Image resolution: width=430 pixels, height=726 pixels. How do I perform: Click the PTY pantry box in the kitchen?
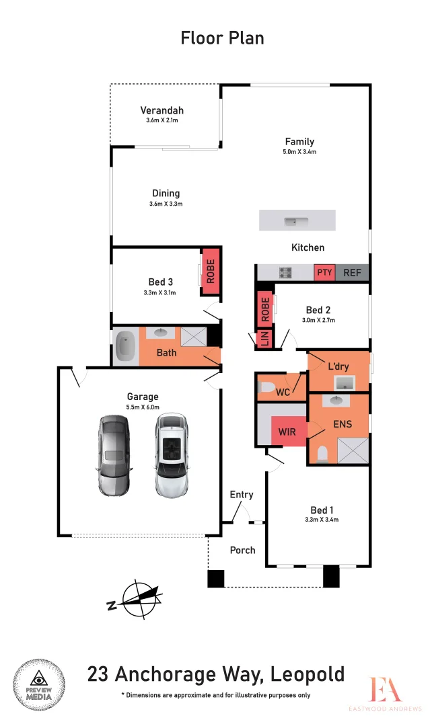click(x=324, y=272)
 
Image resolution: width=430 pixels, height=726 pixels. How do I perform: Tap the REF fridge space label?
click(x=353, y=272)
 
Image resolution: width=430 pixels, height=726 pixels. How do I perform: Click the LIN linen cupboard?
click(x=264, y=339)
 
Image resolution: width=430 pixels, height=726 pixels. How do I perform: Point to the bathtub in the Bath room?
click(x=126, y=346)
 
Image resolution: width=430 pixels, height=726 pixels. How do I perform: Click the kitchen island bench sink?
click(x=293, y=220)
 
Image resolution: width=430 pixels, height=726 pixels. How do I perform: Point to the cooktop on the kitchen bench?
click(x=285, y=272)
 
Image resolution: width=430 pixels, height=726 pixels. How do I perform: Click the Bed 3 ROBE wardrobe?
click(x=210, y=271)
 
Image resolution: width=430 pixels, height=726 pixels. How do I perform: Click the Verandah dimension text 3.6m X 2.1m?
click(x=162, y=120)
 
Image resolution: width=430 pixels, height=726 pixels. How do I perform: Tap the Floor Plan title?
click(x=222, y=38)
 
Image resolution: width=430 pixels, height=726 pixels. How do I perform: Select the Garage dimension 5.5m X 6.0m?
click(x=142, y=407)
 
